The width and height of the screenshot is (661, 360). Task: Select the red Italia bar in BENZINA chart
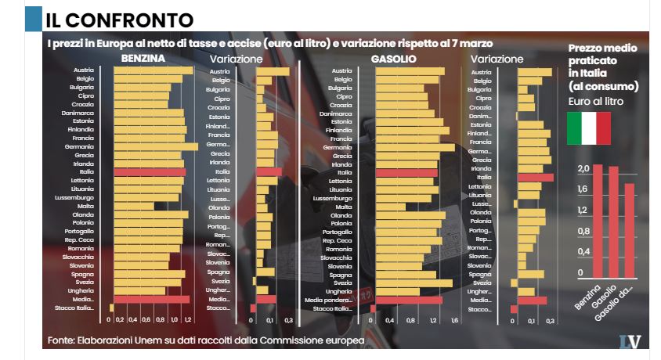(x=149, y=172)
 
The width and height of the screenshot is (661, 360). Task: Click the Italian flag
(x=588, y=128)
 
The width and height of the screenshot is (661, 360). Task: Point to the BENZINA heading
(x=143, y=59)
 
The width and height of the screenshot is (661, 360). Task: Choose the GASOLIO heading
(x=393, y=59)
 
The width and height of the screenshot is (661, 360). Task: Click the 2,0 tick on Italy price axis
(x=583, y=169)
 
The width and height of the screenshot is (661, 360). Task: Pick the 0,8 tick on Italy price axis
(x=583, y=232)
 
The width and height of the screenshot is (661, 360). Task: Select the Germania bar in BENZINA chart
(x=155, y=146)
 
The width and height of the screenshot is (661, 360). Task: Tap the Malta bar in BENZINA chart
(x=133, y=207)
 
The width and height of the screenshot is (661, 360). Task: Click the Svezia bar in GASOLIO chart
(x=414, y=283)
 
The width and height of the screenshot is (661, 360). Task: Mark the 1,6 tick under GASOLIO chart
(x=453, y=320)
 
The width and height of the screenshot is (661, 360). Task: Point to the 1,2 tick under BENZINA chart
(x=186, y=320)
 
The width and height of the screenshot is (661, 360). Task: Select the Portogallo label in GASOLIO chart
(x=337, y=232)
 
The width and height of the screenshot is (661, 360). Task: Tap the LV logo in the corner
(x=629, y=341)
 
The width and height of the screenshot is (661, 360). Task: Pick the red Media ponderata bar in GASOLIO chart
(x=408, y=300)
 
